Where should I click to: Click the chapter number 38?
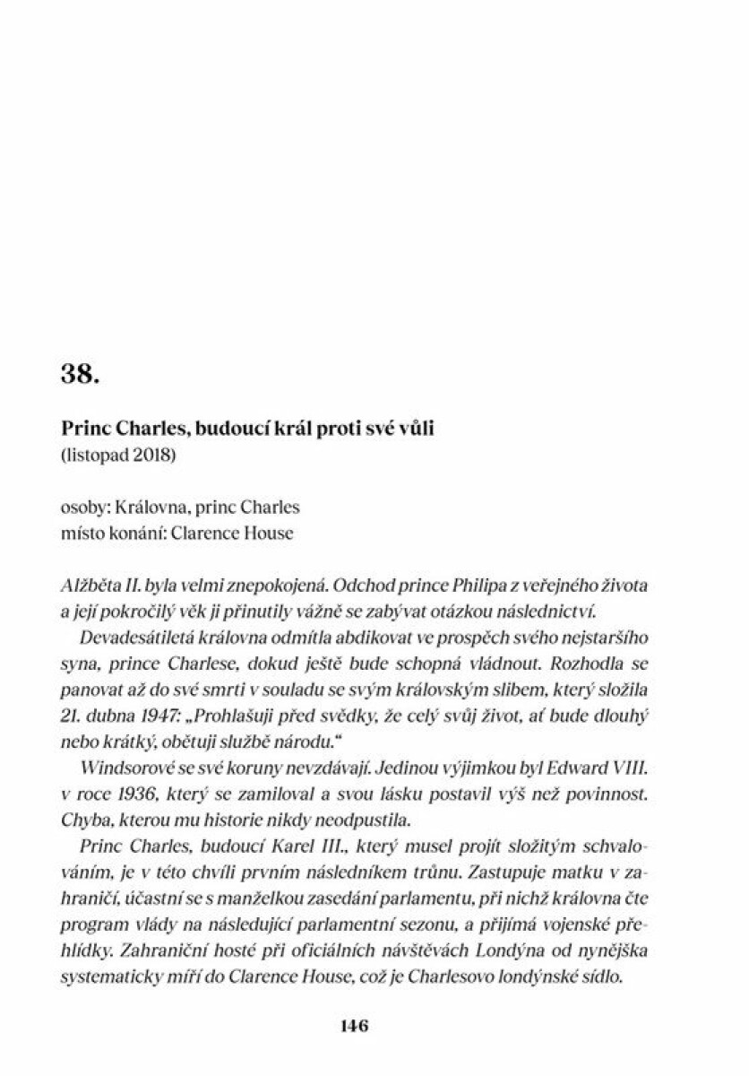[80, 375]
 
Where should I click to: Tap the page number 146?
[355, 1027]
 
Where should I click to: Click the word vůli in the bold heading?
[416, 430]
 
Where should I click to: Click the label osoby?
[83, 508]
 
